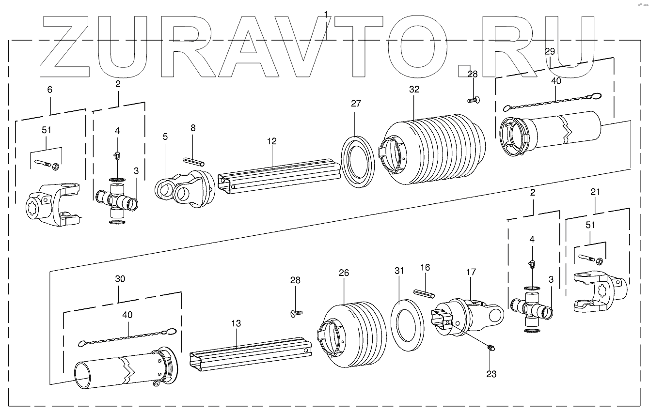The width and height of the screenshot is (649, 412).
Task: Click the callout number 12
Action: click(271, 141)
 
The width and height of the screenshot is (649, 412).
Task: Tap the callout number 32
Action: click(414, 90)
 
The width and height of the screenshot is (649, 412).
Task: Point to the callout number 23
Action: click(491, 374)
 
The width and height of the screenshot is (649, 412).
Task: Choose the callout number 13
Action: click(236, 323)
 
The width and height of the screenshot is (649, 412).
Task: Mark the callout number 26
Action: click(344, 273)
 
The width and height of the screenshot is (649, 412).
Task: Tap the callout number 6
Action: click(49, 90)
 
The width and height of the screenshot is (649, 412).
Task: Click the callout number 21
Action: click(595, 192)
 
